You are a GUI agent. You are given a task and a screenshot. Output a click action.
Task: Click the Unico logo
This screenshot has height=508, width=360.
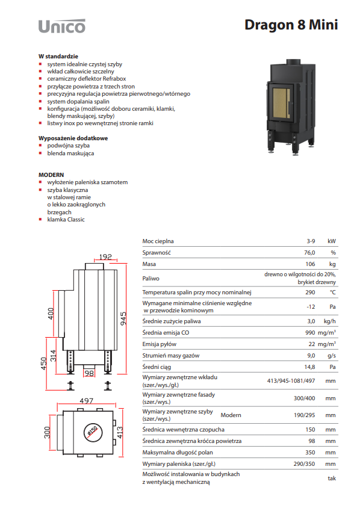pyautogui.click(x=62, y=26)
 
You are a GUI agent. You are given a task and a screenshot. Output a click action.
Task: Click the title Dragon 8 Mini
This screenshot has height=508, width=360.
pyautogui.click(x=291, y=25)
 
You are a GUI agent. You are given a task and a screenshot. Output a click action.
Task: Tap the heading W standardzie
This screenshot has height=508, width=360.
pyautogui.click(x=58, y=57)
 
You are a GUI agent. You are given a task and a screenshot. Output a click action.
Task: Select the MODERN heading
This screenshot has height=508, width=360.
pyautogui.click(x=51, y=175)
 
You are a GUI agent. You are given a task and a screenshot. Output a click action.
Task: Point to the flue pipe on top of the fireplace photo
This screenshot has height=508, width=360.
pyautogui.click(x=293, y=62)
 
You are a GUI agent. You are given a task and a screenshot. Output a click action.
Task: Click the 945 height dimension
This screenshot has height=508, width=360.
pyautogui.click(x=123, y=319)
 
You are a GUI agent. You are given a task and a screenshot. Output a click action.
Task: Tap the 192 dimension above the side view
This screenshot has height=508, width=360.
pyautogui.click(x=105, y=256)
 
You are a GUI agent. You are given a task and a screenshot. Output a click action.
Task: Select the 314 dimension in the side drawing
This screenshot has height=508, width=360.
pyautogui.click(x=53, y=356)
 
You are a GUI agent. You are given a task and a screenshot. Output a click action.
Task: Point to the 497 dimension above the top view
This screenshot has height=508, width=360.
pyautogui.click(x=87, y=401)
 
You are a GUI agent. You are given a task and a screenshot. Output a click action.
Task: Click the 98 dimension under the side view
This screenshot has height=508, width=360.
pyautogui.click(x=89, y=374)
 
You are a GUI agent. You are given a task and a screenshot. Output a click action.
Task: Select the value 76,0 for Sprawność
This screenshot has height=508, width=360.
pyautogui.click(x=309, y=253)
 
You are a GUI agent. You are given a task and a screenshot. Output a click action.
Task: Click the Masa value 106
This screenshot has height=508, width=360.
pyautogui.click(x=310, y=264)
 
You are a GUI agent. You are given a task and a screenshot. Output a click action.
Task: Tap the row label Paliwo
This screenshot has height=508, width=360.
pyautogui.click(x=151, y=278)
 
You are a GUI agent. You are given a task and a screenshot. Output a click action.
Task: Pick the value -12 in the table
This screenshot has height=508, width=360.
pyautogui.click(x=311, y=307)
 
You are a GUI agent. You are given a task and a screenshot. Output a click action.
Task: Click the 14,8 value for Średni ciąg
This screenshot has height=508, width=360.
pyautogui.click(x=310, y=367)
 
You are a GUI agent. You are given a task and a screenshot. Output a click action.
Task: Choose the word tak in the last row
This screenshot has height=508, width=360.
pyautogui.click(x=332, y=478)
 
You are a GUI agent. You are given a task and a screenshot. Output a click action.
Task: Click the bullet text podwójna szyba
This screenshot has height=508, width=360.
pyautogui.click(x=69, y=146)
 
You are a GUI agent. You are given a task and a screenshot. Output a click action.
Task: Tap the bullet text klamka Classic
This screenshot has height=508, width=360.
pyautogui.click(x=66, y=220)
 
